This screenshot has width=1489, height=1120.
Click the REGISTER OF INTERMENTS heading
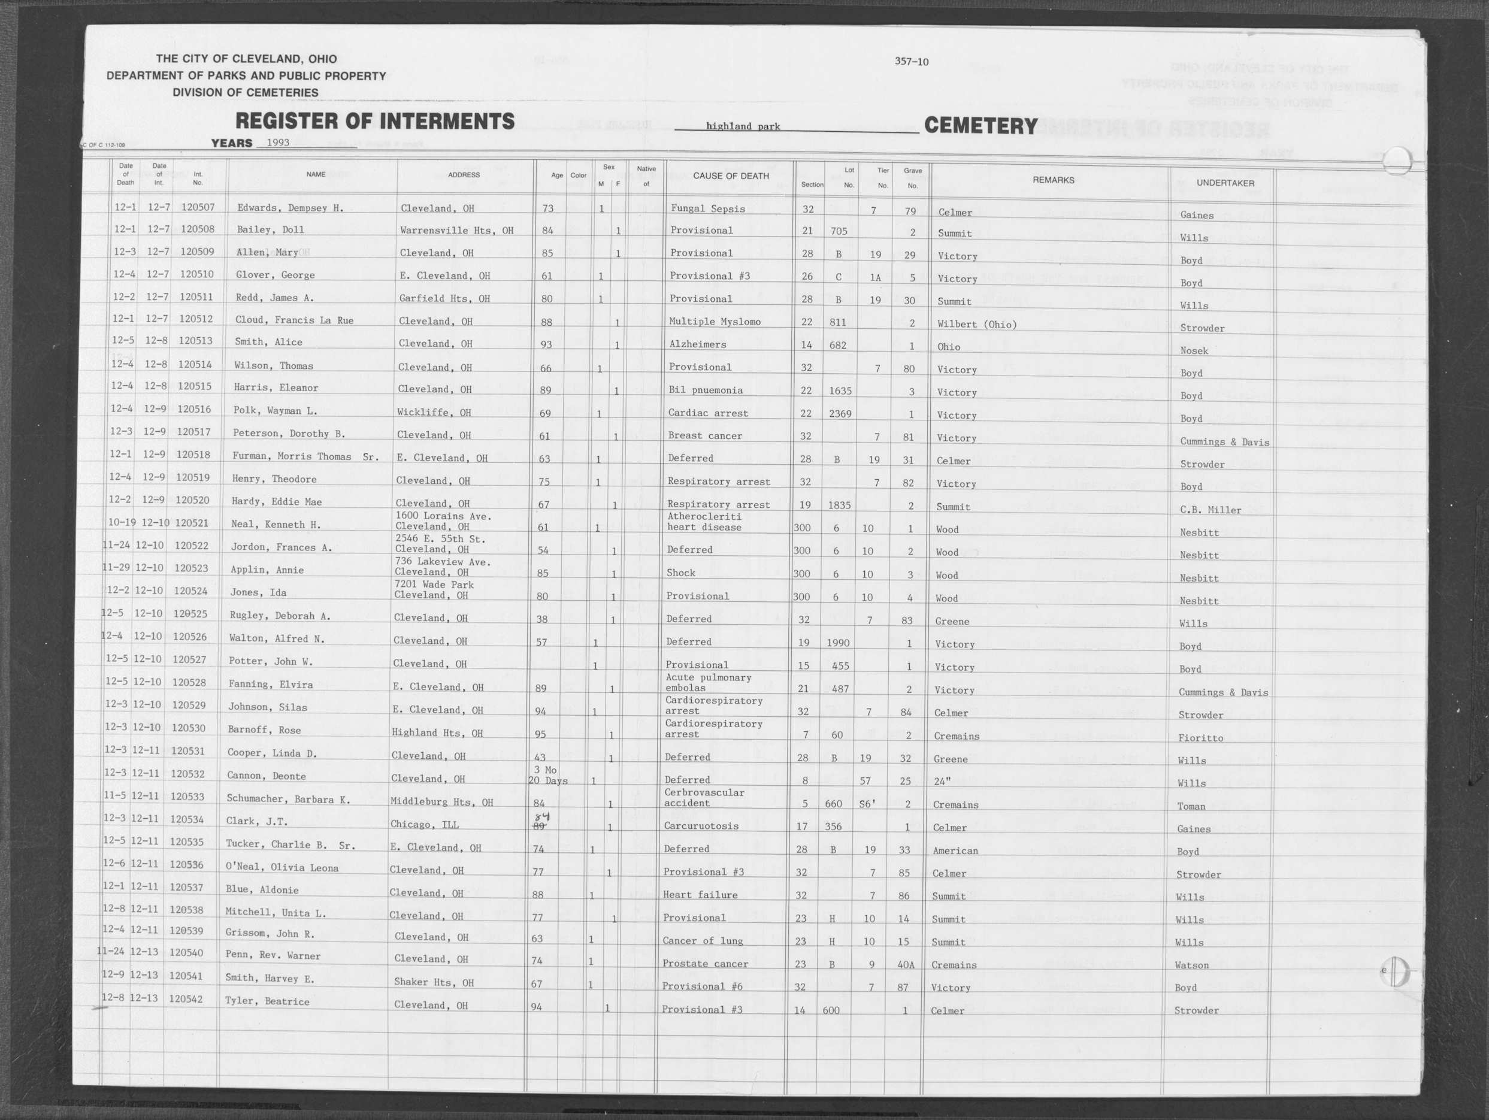tap(374, 121)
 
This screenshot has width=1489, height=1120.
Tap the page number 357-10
tap(912, 62)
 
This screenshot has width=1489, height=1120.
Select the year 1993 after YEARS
tap(278, 143)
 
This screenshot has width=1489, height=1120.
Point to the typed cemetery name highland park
tap(743, 126)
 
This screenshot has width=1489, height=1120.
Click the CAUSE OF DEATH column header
tap(730, 176)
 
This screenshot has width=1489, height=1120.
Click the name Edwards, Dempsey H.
tap(290, 208)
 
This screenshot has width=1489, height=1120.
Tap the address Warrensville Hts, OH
tap(456, 231)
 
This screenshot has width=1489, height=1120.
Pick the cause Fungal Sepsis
tap(707, 208)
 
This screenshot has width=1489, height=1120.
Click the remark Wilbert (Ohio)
tap(976, 325)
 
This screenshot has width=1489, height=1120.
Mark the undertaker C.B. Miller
tap(1210, 510)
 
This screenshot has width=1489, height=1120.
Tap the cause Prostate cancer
tap(705, 964)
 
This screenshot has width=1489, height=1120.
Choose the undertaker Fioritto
tap(1200, 738)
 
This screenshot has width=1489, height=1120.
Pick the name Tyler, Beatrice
tap(267, 1001)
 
